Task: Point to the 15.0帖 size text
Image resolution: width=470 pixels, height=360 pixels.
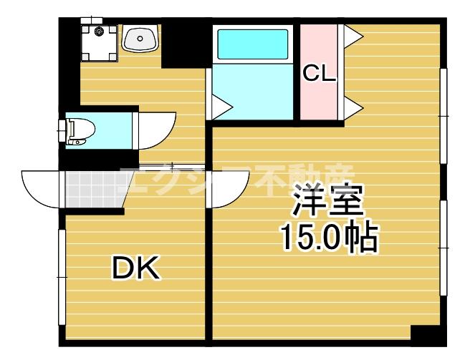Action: click(x=327, y=238)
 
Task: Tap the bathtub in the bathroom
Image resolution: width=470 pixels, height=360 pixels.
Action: click(x=251, y=44)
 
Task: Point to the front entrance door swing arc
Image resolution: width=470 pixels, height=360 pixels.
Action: click(x=42, y=188)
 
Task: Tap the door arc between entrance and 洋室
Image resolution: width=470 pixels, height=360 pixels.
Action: click(x=228, y=188)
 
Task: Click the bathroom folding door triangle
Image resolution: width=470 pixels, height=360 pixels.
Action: click(x=219, y=107)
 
